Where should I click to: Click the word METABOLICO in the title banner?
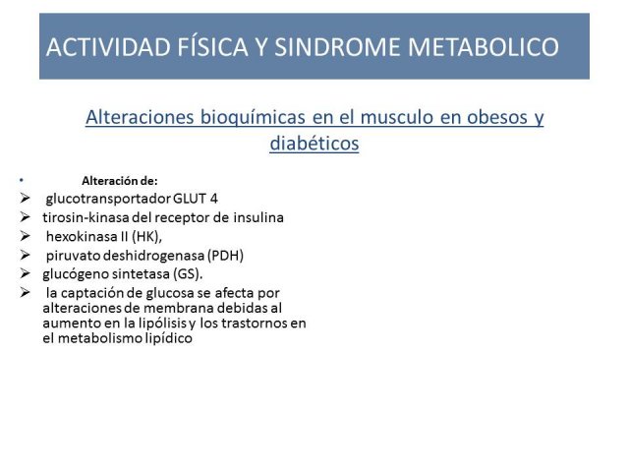pos(484,46)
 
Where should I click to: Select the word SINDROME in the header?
pos(337,46)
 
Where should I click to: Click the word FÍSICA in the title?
pos(213,46)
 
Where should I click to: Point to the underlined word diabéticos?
pos(314,143)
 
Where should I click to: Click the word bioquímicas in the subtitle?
pos(253,118)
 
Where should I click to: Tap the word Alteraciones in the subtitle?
pos(140,117)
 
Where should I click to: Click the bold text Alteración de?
pos(120,181)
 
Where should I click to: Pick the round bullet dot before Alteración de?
pos(22,181)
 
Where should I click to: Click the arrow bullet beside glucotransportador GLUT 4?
pos(25,199)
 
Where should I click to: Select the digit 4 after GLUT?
pos(214,199)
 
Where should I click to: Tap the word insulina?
pos(258,217)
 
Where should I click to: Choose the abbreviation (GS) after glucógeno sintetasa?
pos(187,273)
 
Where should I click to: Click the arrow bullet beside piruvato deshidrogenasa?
pos(25,255)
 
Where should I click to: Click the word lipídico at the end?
pos(168,338)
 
